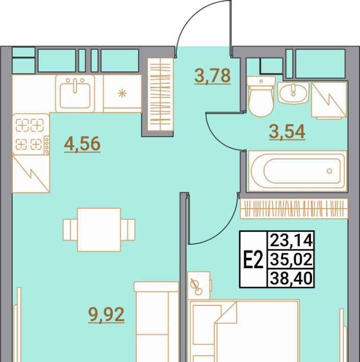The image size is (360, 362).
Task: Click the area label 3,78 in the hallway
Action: pyautogui.click(x=213, y=76)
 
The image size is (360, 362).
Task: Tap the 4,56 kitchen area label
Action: pyautogui.click(x=82, y=144)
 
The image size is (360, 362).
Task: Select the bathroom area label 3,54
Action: pyautogui.click(x=287, y=132)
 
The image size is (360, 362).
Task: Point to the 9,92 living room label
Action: pyautogui.click(x=107, y=315)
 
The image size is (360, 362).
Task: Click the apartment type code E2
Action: pyautogui.click(x=253, y=260)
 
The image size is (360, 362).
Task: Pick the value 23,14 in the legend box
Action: pyautogui.click(x=291, y=240)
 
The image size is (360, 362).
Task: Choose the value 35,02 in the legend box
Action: pyautogui.click(x=291, y=260)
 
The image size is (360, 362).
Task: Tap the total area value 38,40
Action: pyautogui.click(x=291, y=278)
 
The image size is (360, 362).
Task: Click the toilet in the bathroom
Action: pyautogui.click(x=261, y=96)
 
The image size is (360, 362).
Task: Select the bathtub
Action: pyautogui.click(x=298, y=171)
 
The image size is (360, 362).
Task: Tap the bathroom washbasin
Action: pyautogui.click(x=293, y=93)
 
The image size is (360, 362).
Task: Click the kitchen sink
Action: pyautogui.click(x=75, y=93)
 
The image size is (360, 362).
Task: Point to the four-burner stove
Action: pyautogui.click(x=31, y=134)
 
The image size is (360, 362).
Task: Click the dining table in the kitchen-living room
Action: pyautogui.click(x=99, y=230)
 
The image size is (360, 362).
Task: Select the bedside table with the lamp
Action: pyautogui.click(x=199, y=286)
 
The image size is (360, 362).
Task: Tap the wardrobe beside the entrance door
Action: pyautogui.click(x=161, y=94)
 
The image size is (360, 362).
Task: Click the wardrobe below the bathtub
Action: pyautogui.click(x=294, y=209)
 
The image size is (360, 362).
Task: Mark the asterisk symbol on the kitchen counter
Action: pyautogui.click(x=122, y=93)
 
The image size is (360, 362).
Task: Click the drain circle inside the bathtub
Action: pyautogui.click(x=329, y=171)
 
